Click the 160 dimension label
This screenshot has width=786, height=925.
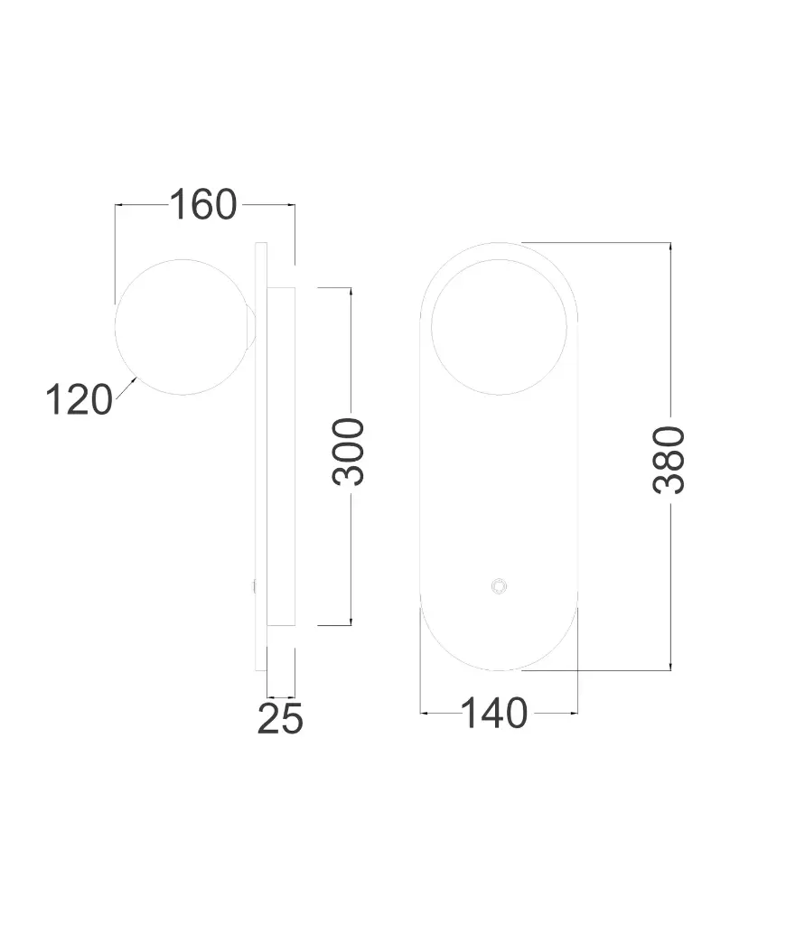point(203,205)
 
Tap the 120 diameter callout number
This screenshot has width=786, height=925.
point(79,399)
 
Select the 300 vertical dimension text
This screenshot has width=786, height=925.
point(349,452)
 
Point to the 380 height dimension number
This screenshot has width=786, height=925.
point(669,460)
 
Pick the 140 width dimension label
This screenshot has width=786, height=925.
point(494,714)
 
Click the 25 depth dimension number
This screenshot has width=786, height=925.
point(280,719)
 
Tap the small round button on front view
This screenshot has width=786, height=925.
point(500,586)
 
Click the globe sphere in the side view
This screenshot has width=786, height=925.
point(182,327)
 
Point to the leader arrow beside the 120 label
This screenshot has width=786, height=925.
point(126,388)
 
